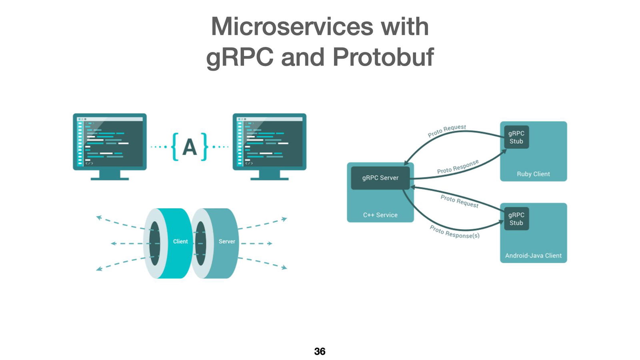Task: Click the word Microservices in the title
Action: click(x=292, y=27)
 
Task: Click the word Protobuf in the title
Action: click(x=383, y=57)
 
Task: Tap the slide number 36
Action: click(x=320, y=351)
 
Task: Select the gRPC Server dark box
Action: click(x=380, y=178)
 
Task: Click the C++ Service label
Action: click(x=380, y=215)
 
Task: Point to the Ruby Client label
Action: click(x=533, y=174)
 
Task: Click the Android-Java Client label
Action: click(x=533, y=256)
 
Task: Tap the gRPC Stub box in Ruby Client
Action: click(x=516, y=137)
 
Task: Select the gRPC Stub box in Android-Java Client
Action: click(x=516, y=219)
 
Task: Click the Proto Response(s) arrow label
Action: click(x=454, y=232)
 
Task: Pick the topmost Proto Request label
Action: click(x=447, y=130)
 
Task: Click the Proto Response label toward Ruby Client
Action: click(x=458, y=167)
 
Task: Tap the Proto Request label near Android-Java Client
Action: click(x=459, y=201)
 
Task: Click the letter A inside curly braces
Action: click(x=190, y=147)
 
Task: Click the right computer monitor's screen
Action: click(x=270, y=142)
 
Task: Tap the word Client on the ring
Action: click(x=180, y=242)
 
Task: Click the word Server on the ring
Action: click(x=226, y=242)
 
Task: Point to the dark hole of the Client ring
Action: click(x=154, y=243)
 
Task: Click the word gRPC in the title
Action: click(x=239, y=57)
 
